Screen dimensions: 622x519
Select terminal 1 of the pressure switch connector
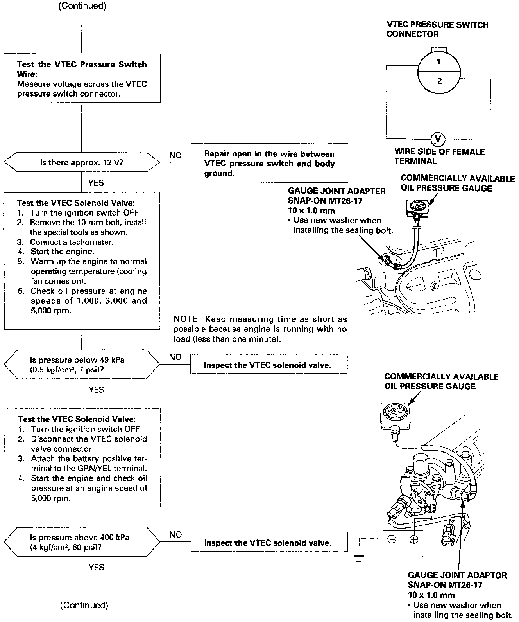[x=439, y=62]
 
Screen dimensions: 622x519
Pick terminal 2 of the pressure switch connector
[x=439, y=81]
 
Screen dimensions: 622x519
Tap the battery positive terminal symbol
[x=413, y=539]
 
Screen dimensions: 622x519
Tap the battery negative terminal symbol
[x=392, y=539]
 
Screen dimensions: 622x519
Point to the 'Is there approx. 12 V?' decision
[x=82, y=162]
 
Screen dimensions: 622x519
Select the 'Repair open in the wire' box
[x=269, y=164]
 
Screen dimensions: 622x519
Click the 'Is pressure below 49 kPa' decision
[x=82, y=364]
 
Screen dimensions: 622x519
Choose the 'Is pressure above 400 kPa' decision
[x=82, y=542]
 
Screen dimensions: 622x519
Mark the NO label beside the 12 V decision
[x=175, y=155]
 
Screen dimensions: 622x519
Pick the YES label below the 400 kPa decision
[x=96, y=567]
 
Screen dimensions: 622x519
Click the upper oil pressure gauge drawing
[x=417, y=206]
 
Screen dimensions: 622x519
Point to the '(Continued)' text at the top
[x=82, y=6]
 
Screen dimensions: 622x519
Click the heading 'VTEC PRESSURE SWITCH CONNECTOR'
[x=437, y=29]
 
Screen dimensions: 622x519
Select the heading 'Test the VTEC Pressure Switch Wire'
[x=82, y=69]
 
